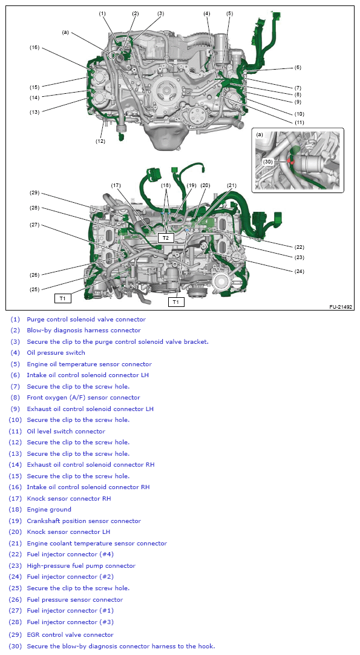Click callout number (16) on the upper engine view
click(34, 47)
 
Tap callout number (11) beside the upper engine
click(299, 122)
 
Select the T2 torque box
click(166, 238)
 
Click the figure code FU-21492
click(341, 306)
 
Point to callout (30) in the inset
click(268, 161)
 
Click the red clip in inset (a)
click(290, 159)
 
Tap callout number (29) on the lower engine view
click(34, 193)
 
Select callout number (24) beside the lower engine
click(299, 271)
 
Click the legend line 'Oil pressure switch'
click(56, 352)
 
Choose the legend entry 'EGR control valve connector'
click(70, 634)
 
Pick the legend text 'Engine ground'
click(49, 509)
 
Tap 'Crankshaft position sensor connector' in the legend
click(84, 521)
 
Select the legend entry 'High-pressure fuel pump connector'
click(81, 565)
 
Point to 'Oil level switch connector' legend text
click(66, 431)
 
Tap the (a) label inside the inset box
click(260, 134)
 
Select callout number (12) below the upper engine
click(100, 141)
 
